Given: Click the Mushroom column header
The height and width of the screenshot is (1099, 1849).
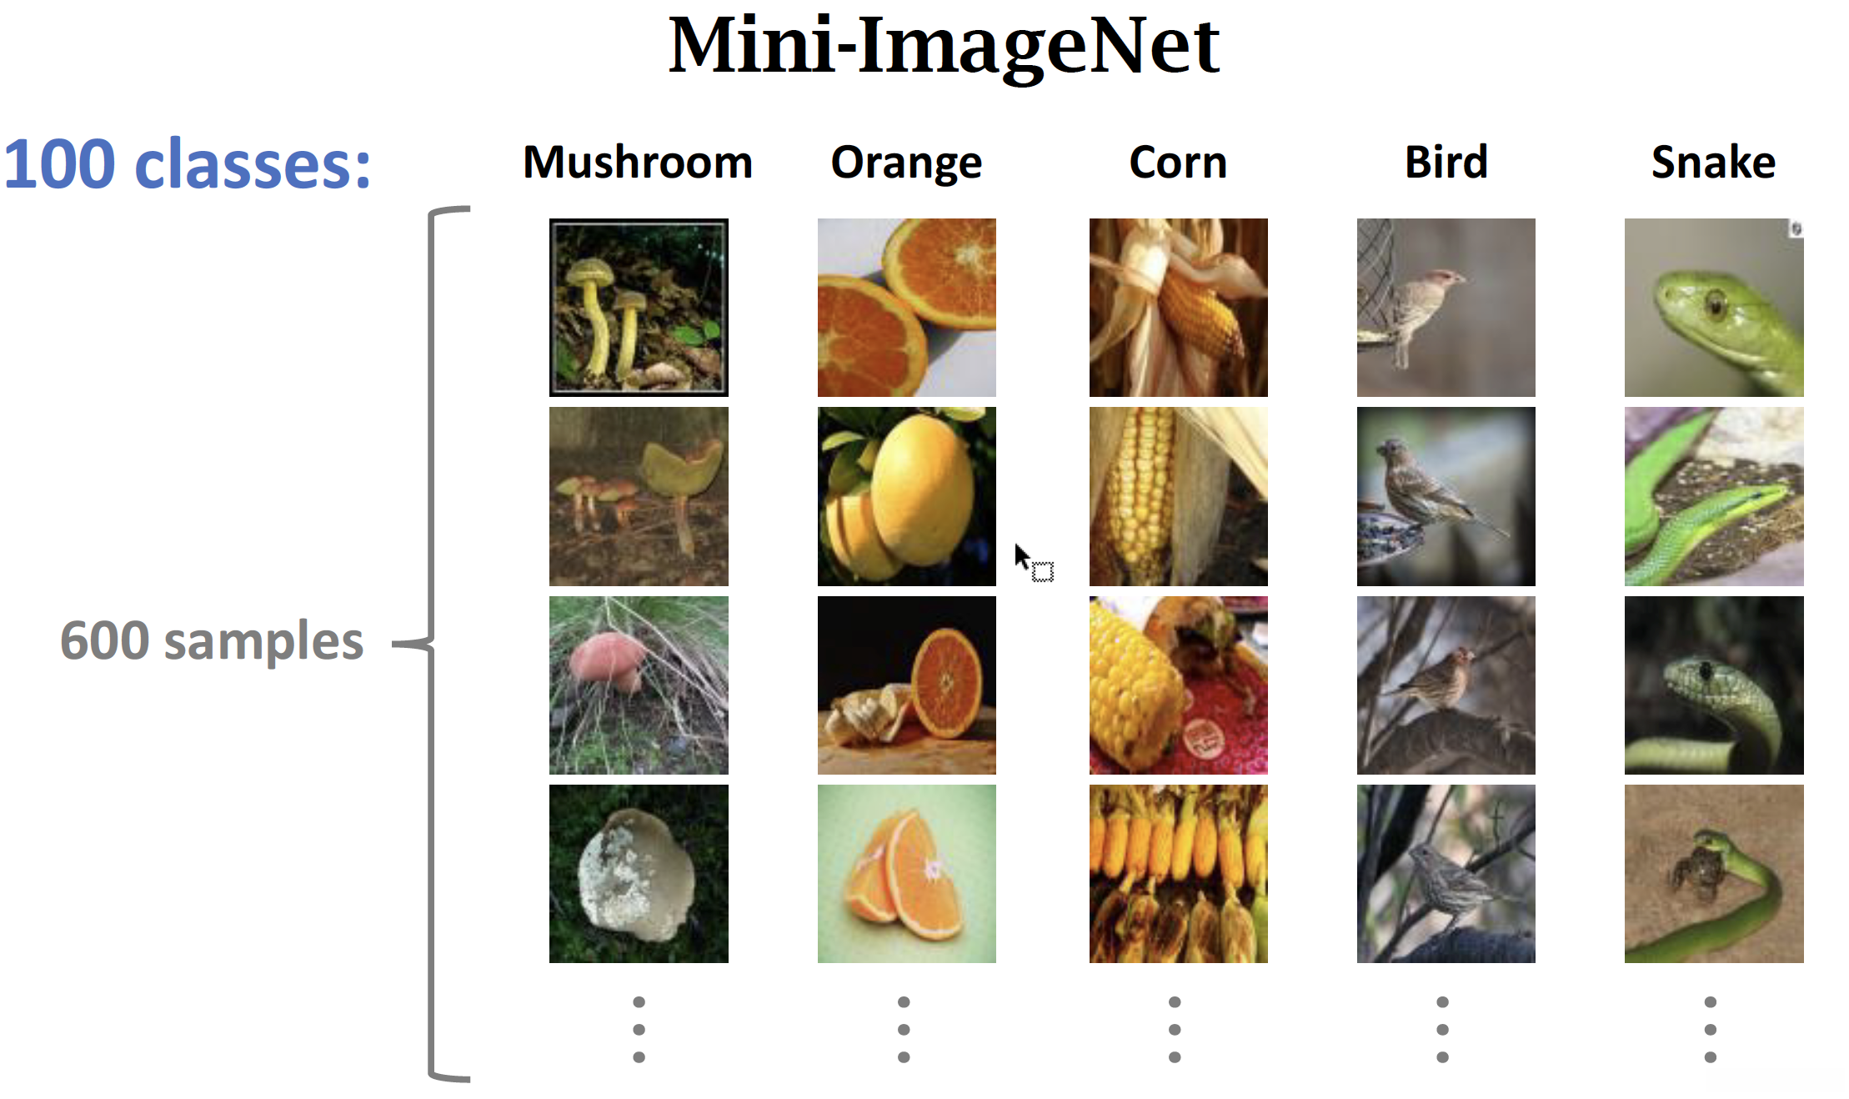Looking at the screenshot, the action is point(638,162).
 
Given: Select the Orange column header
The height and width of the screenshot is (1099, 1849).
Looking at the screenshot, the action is point(906,162).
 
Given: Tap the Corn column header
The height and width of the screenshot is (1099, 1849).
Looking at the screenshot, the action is point(1178,162).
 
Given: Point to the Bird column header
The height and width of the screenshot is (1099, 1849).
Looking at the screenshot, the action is point(1446,162).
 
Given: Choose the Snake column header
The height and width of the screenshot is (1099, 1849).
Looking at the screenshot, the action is point(1713,162).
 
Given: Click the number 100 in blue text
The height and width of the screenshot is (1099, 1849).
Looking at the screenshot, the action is point(60,164).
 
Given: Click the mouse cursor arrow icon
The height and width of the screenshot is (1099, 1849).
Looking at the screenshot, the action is point(1022,556).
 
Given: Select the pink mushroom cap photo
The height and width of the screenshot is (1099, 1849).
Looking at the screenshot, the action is point(639,685).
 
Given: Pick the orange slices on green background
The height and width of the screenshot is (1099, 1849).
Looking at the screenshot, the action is point(906,874).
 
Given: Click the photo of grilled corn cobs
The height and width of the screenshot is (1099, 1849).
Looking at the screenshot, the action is point(1178,874).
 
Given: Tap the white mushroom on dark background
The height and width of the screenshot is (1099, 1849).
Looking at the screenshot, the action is point(639,874).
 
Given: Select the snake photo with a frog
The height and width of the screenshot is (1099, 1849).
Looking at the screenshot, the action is point(1713,874).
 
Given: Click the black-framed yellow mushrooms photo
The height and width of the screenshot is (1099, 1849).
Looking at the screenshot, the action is point(639,307).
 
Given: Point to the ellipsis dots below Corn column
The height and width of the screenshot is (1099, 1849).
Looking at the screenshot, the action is point(1175,1029).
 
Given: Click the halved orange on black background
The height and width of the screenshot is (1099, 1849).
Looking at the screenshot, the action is point(906,685).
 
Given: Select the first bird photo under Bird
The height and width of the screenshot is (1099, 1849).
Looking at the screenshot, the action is point(1446,307).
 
